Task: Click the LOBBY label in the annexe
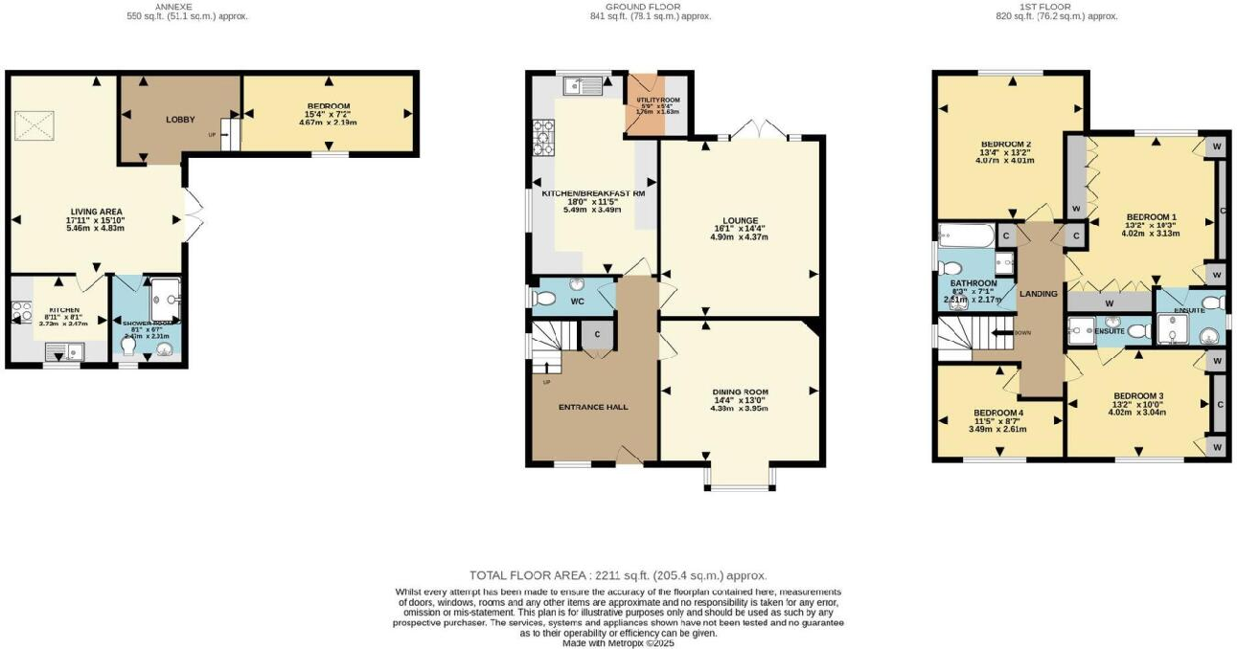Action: pyautogui.click(x=180, y=120)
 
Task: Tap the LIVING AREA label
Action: pyautogui.click(x=96, y=212)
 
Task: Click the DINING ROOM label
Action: pyautogui.click(x=740, y=392)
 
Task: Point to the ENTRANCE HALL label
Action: pyautogui.click(x=593, y=407)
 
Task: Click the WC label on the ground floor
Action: pyautogui.click(x=578, y=302)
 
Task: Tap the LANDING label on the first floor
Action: pyautogui.click(x=1039, y=294)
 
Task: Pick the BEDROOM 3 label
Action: pyautogui.click(x=1138, y=395)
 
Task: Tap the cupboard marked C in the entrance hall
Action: pyautogui.click(x=597, y=334)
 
